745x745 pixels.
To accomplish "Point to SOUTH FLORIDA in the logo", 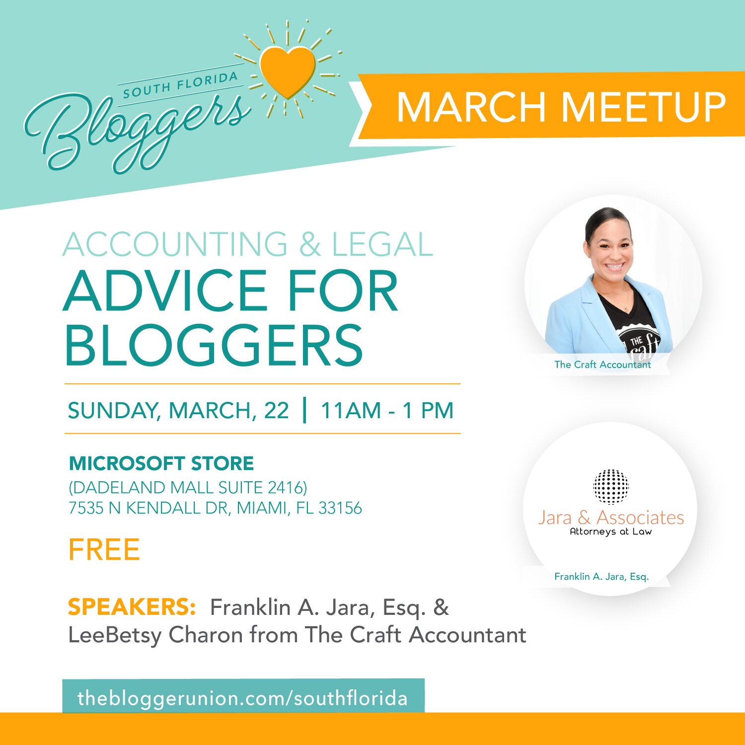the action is [180, 85].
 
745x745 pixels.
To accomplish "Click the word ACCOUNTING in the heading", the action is [175, 244].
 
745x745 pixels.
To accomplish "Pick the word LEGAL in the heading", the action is [382, 244].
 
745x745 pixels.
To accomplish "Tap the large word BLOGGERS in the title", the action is [214, 346].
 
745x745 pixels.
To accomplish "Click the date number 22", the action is [276, 410].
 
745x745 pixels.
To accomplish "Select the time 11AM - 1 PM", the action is [387, 410].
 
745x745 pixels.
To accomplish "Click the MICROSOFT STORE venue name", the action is [161, 463].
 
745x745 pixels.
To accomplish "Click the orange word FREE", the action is [104, 550].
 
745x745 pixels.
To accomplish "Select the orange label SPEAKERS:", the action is [132, 607].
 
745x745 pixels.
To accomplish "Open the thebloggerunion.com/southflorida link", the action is [242, 698].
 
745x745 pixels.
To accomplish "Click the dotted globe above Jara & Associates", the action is [611, 486].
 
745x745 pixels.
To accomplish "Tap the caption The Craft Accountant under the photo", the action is [602, 365].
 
